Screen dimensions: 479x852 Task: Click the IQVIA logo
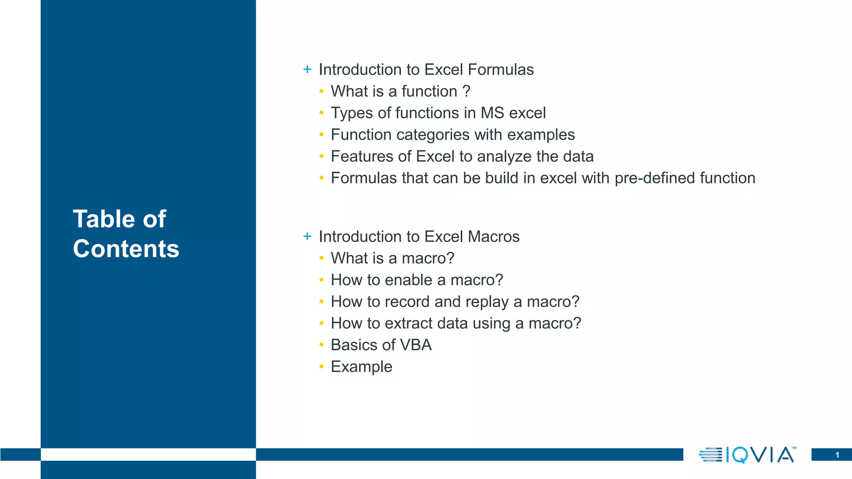(747, 454)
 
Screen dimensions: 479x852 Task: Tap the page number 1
(837, 455)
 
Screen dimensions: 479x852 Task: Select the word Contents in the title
(126, 249)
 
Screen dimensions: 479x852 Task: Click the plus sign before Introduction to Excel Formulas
(307, 69)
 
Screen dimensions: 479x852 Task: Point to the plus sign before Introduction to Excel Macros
(307, 236)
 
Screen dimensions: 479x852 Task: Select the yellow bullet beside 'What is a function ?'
(321, 91)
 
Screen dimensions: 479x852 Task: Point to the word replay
(487, 302)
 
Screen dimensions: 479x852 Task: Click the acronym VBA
(415, 345)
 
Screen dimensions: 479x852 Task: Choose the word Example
(361, 367)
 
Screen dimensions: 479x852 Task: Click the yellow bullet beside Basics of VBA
(321, 345)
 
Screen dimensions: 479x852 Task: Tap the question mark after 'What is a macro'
(450, 258)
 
